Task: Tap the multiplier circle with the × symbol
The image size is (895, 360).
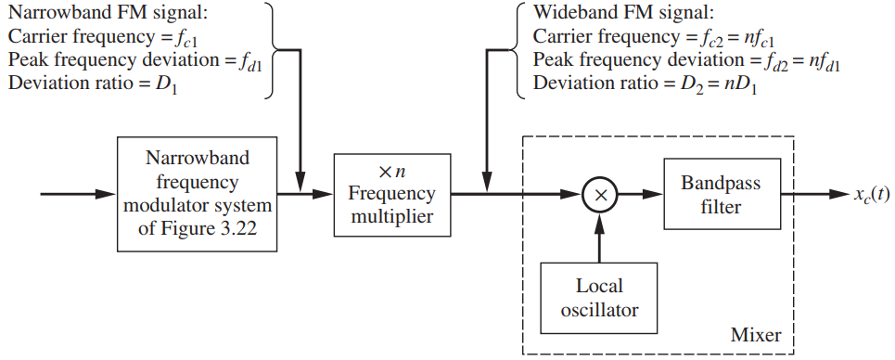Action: (x=600, y=195)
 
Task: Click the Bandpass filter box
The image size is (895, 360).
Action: (x=721, y=195)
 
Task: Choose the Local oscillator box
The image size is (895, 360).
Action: (x=599, y=296)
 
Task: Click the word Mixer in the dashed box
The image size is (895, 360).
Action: (x=757, y=334)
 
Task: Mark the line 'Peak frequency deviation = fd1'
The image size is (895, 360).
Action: (x=134, y=62)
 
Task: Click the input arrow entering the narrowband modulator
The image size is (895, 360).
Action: (x=79, y=195)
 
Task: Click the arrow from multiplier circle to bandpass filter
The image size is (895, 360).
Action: (x=639, y=195)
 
